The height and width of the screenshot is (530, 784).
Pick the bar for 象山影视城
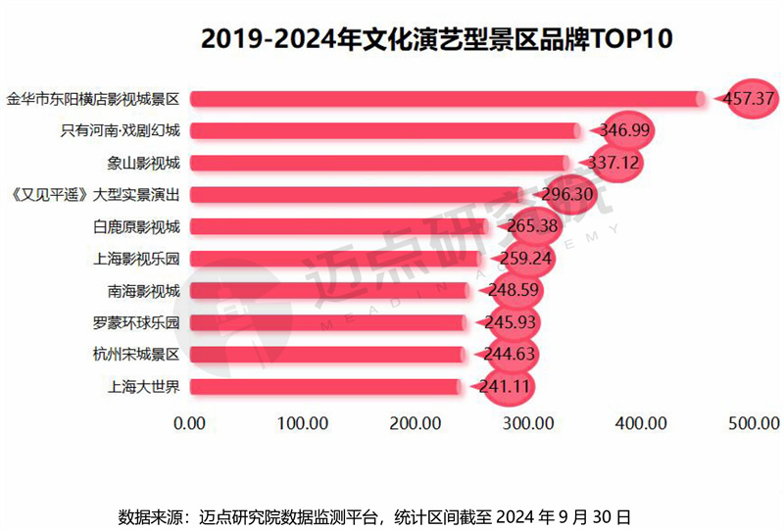(x=378, y=163)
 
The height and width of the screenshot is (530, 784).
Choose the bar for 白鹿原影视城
(x=338, y=226)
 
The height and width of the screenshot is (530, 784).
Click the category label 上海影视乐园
(x=143, y=259)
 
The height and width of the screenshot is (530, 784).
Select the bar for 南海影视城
(x=328, y=290)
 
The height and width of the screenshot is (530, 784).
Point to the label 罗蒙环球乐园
(x=143, y=322)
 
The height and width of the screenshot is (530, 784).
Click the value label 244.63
(x=505, y=355)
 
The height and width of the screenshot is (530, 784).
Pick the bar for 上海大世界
(x=324, y=386)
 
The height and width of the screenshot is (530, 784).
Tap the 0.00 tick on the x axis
(x=189, y=424)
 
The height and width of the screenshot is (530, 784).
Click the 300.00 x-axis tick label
(x=529, y=424)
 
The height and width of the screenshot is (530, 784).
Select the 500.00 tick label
(x=755, y=424)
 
